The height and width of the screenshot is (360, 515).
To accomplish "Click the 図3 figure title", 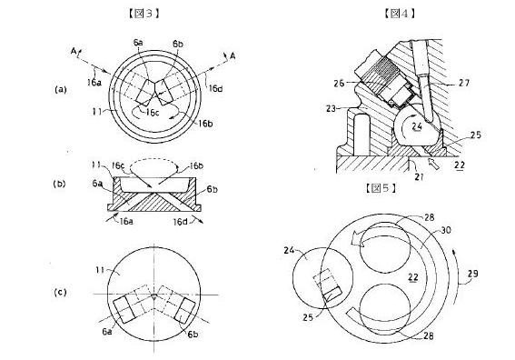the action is [x=144, y=13].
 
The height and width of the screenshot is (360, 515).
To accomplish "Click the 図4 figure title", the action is [x=400, y=13].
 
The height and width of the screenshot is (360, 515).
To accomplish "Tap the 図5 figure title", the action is [x=381, y=188].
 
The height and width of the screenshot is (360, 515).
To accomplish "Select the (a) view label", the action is [x=61, y=89].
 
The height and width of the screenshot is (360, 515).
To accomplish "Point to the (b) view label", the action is [x=59, y=185].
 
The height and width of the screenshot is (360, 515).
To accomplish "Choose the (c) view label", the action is [x=60, y=293].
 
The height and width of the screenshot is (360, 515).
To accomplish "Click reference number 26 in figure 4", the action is [x=339, y=83].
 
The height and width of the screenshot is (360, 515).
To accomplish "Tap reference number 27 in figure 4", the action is [x=464, y=83].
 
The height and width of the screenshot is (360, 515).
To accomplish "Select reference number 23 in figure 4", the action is [x=332, y=108].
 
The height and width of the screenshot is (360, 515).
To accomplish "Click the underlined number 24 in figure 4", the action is [x=417, y=127].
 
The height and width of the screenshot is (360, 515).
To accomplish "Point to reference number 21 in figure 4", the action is [x=419, y=177].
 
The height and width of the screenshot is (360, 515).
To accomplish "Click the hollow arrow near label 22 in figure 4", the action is [x=434, y=164].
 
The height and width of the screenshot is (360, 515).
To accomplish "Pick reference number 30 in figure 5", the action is [x=445, y=231].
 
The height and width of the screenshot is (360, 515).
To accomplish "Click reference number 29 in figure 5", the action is [x=472, y=274].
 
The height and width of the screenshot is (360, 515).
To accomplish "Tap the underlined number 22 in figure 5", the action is [x=413, y=278].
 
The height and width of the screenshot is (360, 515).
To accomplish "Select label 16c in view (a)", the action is [x=153, y=113].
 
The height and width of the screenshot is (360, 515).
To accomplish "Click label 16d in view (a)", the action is [x=216, y=88].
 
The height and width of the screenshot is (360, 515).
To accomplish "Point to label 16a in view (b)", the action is [x=126, y=221].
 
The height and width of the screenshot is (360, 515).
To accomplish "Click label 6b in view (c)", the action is [x=193, y=334].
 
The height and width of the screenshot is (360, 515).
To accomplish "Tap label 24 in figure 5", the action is [x=289, y=251].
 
